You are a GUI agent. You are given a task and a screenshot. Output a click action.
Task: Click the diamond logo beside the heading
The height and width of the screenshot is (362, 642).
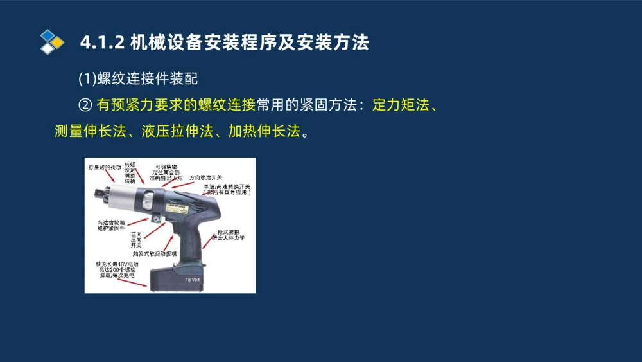[x=52, y=42]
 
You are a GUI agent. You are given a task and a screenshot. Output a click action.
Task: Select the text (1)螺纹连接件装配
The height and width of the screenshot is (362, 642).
[x=138, y=78]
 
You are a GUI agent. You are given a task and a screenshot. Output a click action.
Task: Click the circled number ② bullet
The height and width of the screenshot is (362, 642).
[x=85, y=105]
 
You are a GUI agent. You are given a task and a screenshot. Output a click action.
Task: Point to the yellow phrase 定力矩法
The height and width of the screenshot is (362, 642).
[x=401, y=105]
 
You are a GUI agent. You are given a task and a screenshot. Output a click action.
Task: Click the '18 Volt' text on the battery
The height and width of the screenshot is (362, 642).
[x=193, y=279]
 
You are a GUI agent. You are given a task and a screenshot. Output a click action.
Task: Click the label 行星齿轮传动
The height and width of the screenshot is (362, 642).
[x=104, y=167]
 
